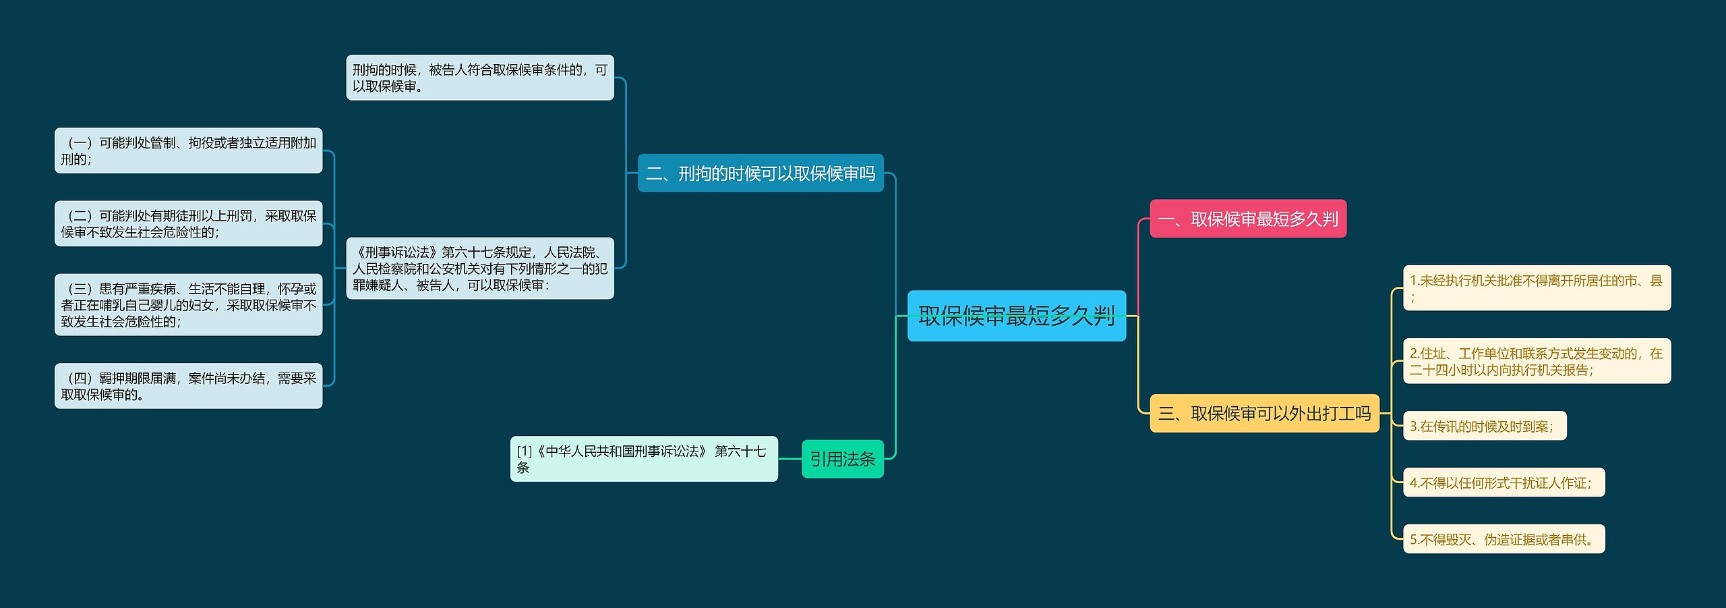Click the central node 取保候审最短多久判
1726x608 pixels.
pos(1016,316)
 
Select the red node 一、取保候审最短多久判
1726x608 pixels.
pos(1247,219)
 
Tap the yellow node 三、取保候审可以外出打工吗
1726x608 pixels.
pos(1264,413)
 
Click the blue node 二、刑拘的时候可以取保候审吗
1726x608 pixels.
pos(760,173)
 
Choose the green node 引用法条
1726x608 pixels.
pos(842,459)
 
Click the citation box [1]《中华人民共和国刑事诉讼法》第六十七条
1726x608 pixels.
pos(643,459)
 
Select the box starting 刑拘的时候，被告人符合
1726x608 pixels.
pos(479,78)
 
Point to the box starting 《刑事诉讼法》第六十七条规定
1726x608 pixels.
pos(479,268)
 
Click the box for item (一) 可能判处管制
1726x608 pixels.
pos(188,150)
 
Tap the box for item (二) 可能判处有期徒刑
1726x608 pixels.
pos(188,223)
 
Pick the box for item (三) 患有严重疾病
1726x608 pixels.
pos(188,304)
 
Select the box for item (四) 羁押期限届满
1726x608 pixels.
pos(188,385)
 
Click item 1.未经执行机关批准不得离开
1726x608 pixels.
pos(1537,288)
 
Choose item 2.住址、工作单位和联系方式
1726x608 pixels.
pos(1537,361)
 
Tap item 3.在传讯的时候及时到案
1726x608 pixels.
pos(1484,426)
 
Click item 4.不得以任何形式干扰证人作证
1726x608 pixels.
pos(1504,482)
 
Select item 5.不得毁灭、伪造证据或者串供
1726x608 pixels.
pos(1504,539)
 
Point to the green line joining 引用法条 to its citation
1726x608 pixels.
pos(790,459)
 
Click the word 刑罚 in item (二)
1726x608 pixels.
pos(239,216)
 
